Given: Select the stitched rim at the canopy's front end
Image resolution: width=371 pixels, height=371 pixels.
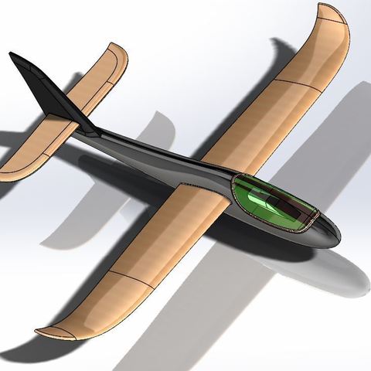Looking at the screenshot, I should pyautogui.click(x=312, y=221).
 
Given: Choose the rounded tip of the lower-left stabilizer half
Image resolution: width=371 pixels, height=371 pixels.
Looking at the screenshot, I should pyautogui.click(x=8, y=173).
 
